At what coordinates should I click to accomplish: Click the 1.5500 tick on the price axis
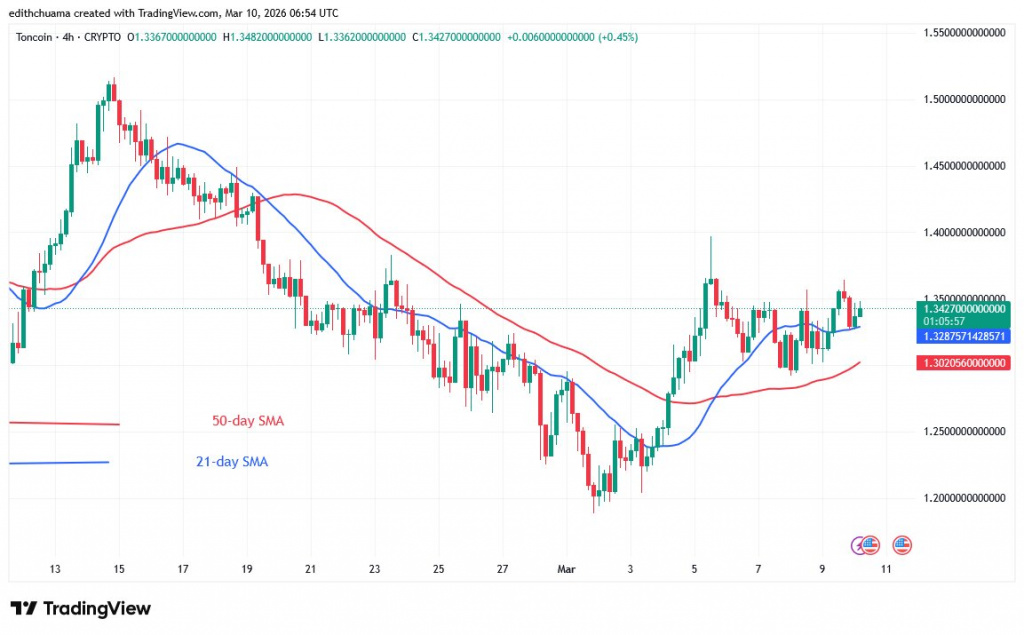pyautogui.click(x=965, y=33)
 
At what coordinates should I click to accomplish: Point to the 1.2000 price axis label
pyautogui.click(x=965, y=497)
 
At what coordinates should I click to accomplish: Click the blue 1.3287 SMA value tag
pyautogui.click(x=964, y=337)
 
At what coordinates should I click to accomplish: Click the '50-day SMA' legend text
pyautogui.click(x=247, y=421)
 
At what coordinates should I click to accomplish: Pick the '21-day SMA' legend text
pyautogui.click(x=232, y=462)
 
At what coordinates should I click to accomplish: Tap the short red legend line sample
pyautogui.click(x=63, y=423)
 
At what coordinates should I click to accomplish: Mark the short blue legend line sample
pyautogui.click(x=58, y=462)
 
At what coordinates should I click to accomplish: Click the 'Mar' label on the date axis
pyautogui.click(x=567, y=569)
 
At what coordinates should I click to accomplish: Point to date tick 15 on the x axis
pyautogui.click(x=119, y=569)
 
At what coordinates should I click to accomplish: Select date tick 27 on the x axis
pyautogui.click(x=503, y=569)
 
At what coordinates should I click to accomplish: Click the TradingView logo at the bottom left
pyautogui.click(x=80, y=608)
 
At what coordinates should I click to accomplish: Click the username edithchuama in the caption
pyautogui.click(x=43, y=12)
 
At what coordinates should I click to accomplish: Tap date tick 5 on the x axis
pyautogui.click(x=694, y=569)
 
